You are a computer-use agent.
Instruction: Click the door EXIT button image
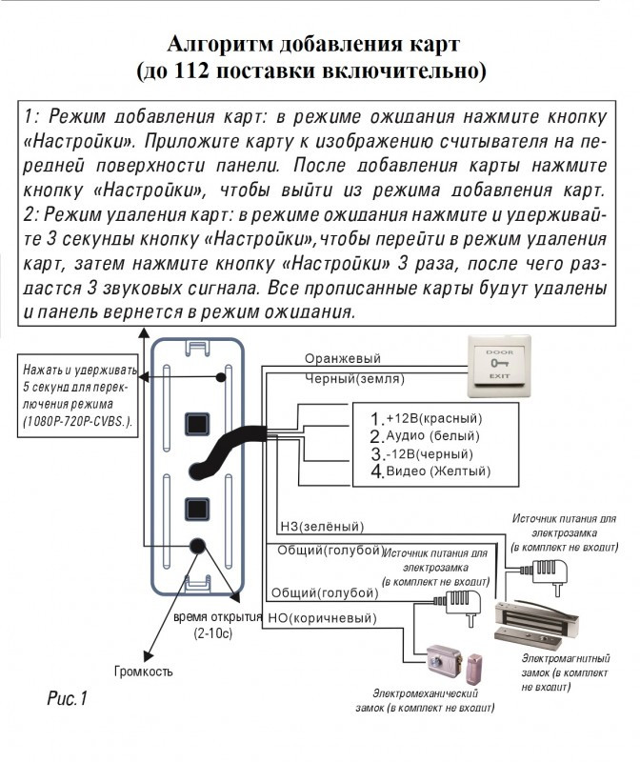tap(498, 367)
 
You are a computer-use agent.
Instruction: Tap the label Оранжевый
tap(342, 359)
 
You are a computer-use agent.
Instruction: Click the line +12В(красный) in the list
tap(428, 419)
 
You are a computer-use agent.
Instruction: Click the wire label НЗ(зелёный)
tap(321, 526)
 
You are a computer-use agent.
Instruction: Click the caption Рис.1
tap(67, 700)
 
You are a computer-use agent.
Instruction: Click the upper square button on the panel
tap(198, 421)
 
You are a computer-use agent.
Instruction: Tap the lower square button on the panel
tap(198, 508)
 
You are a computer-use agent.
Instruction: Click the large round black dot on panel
tap(199, 547)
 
